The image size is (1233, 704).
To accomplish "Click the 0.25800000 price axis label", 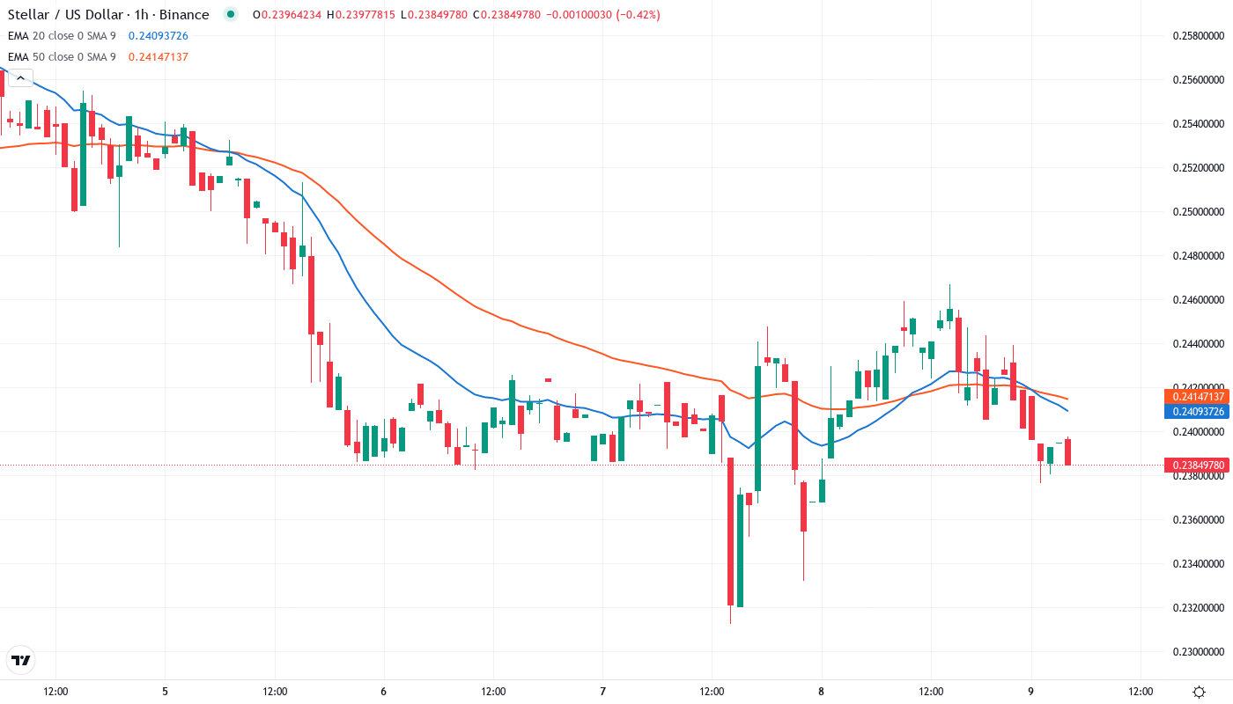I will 1199,36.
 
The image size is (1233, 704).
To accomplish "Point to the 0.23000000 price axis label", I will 1199,652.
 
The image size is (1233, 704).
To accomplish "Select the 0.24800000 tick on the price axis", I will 1199,256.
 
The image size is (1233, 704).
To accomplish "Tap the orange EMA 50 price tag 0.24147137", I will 1195,397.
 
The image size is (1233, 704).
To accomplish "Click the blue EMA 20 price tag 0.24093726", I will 1195,412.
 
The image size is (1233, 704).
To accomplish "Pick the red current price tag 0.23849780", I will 1195,465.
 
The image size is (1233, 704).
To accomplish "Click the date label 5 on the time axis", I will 165,692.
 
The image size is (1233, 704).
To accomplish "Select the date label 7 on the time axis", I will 602,692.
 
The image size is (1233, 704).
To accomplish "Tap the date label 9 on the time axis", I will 1031,692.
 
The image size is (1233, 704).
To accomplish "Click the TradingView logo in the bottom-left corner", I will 20,660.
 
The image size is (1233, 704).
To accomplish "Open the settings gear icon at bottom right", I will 1199,692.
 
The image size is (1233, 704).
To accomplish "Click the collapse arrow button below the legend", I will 19,77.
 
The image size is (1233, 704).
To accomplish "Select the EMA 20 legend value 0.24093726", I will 159,36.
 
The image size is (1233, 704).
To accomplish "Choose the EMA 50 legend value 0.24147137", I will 159,57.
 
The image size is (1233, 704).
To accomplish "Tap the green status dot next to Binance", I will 231,15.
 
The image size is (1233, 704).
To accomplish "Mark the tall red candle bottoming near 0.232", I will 730,532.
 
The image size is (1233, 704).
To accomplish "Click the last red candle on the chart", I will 1068,451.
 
